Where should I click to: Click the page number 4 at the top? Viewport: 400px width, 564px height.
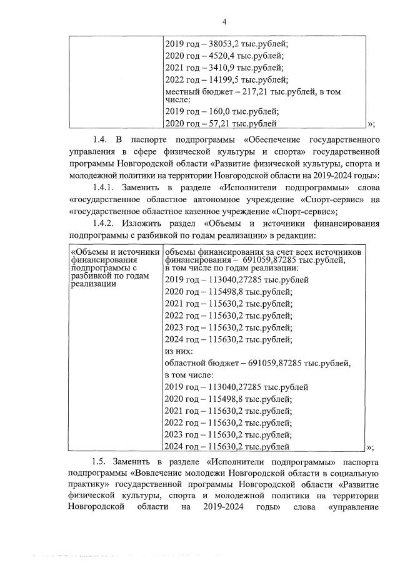(223, 23)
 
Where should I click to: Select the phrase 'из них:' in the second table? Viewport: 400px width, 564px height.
(177, 351)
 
